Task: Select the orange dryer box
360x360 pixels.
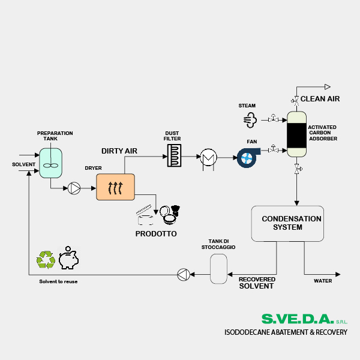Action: point(115,187)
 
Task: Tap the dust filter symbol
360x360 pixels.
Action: point(173,155)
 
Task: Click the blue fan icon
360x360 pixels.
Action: point(247,157)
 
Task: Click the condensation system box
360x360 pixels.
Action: point(286,224)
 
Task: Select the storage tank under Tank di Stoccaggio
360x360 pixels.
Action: point(218,269)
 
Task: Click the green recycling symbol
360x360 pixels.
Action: point(46,259)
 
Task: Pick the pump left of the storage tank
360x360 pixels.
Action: point(184,275)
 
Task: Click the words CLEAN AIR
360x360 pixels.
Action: point(320,99)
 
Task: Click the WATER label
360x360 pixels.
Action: point(323,280)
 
